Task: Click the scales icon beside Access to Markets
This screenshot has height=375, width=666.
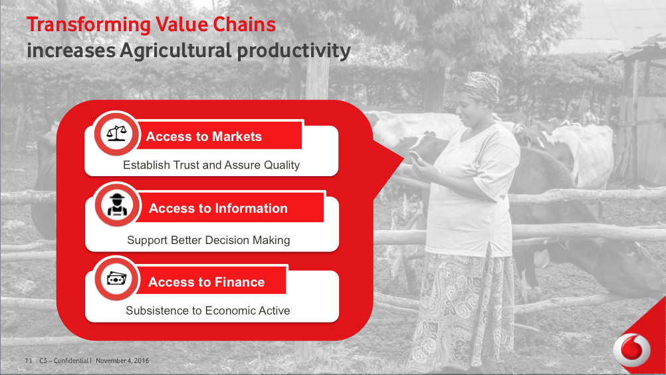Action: pos(116,134)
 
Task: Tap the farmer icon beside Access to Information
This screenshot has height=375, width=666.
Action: pos(117,205)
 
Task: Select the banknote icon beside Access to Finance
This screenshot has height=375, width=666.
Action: pos(117,279)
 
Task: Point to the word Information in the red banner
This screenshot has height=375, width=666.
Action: pos(251,208)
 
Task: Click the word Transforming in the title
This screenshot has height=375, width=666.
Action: pos(88,25)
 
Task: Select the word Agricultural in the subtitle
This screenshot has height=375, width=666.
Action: pos(175,51)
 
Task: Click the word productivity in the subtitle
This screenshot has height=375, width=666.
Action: pos(294,51)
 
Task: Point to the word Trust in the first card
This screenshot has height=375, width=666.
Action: pos(186,165)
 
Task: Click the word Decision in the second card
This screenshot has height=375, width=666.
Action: pos(229,240)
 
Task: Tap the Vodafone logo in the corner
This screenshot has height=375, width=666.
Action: pos(631,350)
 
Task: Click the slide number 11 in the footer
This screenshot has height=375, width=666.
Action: pos(29,360)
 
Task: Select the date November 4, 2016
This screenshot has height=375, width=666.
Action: pos(122,360)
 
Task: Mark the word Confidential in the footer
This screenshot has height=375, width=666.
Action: pos(71,360)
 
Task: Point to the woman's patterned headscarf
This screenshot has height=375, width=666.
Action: pos(481,86)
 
